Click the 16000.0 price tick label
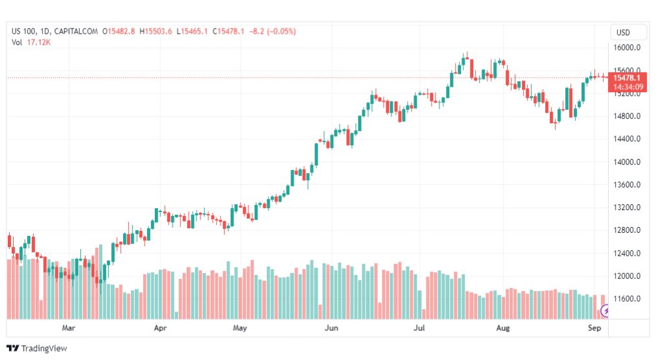point(627,48)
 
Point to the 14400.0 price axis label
point(627,139)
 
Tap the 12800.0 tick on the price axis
point(627,230)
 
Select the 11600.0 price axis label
point(627,299)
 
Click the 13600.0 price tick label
point(627,185)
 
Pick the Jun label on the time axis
point(331,328)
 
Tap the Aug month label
point(503,328)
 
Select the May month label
point(240,328)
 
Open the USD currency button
point(624,32)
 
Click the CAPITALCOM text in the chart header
point(76,31)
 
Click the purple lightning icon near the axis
point(606,311)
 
